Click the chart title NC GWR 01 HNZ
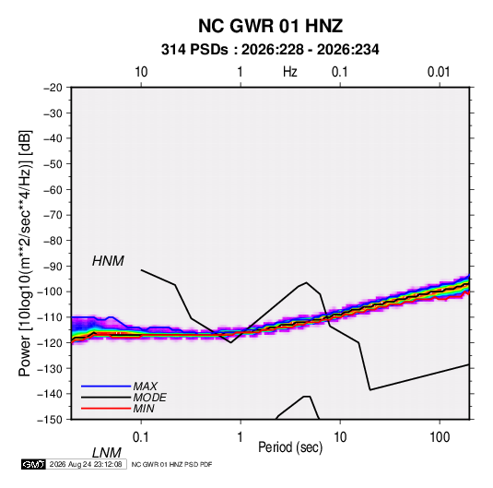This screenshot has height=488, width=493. pyautogui.click(x=270, y=26)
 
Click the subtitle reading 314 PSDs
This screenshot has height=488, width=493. pyautogui.click(x=194, y=50)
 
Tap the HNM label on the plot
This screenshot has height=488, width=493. pyautogui.click(x=108, y=261)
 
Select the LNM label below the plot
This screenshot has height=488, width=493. pyautogui.click(x=106, y=453)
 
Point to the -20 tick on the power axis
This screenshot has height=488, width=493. pyautogui.click(x=53, y=88)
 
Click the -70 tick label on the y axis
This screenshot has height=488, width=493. pyautogui.click(x=53, y=215)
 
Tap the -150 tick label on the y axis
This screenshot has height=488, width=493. pyautogui.click(x=50, y=420)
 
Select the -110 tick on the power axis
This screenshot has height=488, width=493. pyautogui.click(x=50, y=317)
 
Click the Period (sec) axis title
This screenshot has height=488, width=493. pyautogui.click(x=290, y=447)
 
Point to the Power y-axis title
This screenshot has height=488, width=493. pyautogui.click(x=25, y=254)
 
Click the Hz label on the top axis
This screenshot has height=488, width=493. pyautogui.click(x=290, y=72)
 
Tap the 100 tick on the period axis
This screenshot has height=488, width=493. pyautogui.click(x=440, y=437)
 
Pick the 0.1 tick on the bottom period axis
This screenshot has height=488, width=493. pyautogui.click(x=141, y=437)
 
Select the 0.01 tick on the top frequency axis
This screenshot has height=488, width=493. pyautogui.click(x=439, y=72)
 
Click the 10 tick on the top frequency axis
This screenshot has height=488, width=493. pyautogui.click(x=141, y=72)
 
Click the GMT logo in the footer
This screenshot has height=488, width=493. pyautogui.click(x=33, y=464)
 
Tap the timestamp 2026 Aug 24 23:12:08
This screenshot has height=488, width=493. pyautogui.click(x=86, y=464)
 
